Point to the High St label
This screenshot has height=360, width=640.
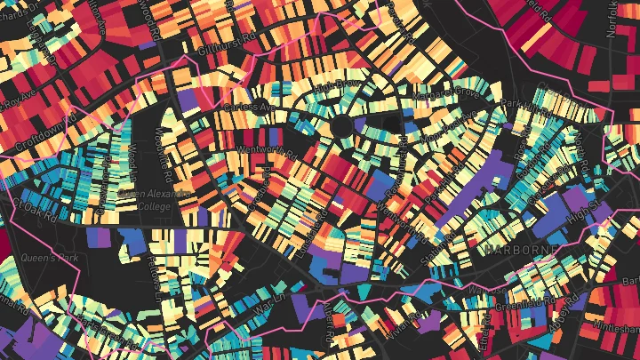pos(585,211)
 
